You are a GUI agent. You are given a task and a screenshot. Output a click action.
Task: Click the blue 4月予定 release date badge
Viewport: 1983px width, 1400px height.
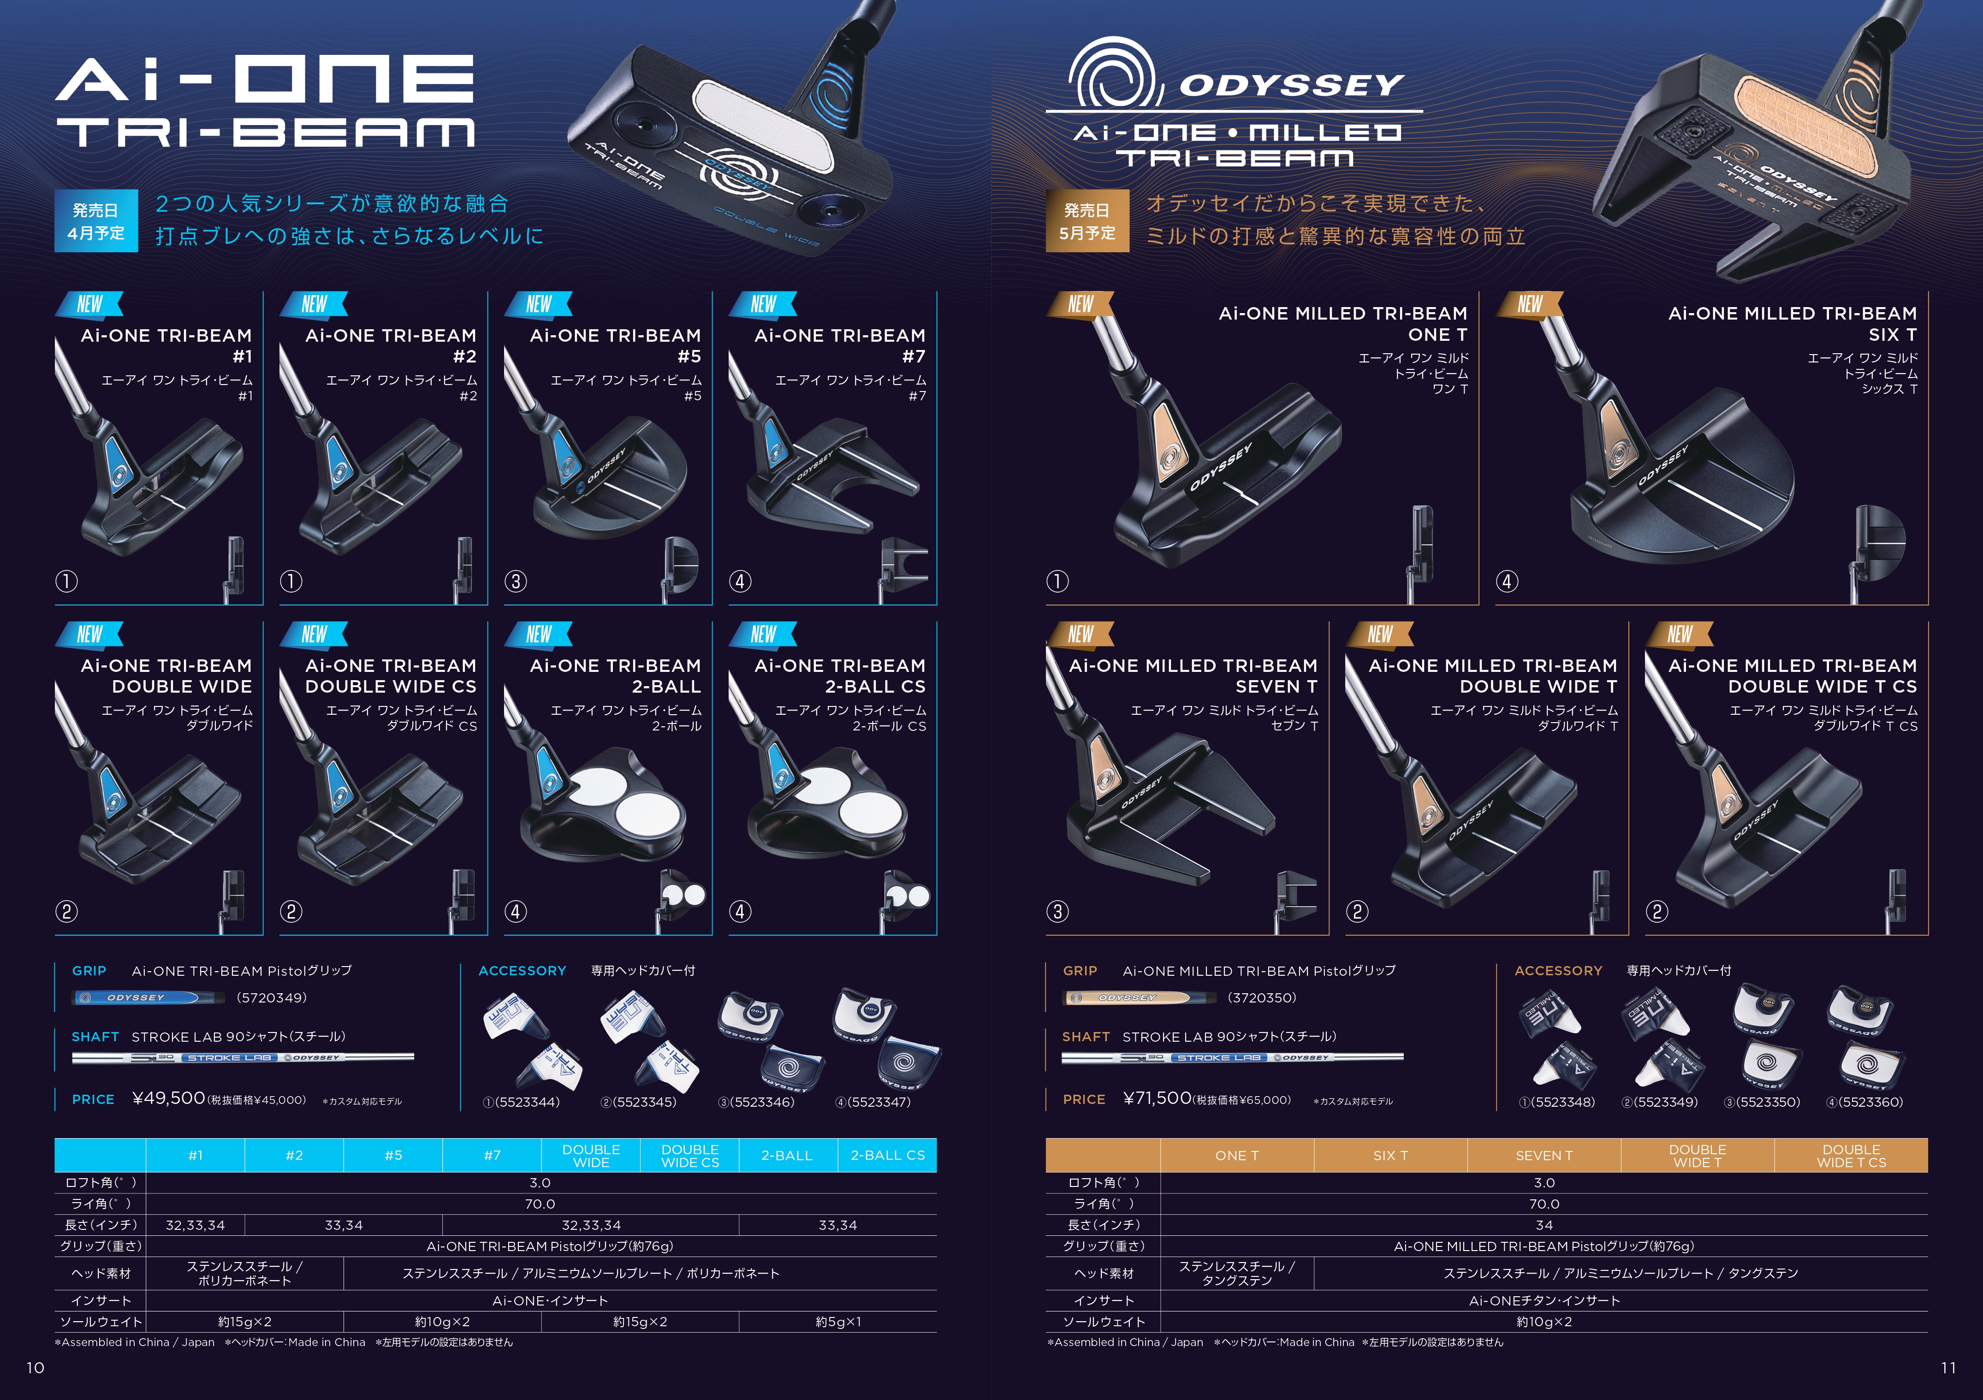pos(96,221)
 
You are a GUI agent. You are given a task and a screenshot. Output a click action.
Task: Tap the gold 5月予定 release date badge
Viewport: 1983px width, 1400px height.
pos(1087,221)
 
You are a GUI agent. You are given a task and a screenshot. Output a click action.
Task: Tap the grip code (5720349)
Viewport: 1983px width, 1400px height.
pos(271,997)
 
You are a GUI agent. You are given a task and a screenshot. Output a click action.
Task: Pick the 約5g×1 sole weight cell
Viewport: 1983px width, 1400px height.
pos(838,1322)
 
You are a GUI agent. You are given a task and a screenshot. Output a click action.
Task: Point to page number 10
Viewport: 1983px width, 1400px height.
pos(36,1367)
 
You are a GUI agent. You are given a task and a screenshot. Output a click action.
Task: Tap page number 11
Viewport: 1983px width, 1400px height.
pos(1948,1367)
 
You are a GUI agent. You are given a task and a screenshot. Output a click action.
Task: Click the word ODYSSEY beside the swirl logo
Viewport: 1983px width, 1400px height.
pos(1292,85)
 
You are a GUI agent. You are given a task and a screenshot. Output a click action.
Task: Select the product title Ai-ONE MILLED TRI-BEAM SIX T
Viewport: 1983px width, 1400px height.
pos(1792,324)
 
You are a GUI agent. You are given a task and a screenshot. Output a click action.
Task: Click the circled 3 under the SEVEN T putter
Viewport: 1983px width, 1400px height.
pos(1057,911)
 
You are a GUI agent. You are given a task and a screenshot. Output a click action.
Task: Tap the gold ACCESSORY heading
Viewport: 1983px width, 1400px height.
pos(1558,971)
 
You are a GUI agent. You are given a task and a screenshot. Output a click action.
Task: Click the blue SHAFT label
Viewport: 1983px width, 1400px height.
pos(95,1037)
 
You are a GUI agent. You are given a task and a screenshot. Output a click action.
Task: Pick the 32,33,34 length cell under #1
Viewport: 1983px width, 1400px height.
pos(195,1225)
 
